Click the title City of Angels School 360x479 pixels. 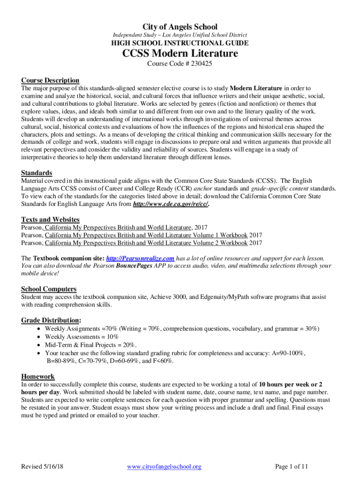(180, 27)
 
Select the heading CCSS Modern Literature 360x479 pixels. (180, 53)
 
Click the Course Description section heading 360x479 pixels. (50, 80)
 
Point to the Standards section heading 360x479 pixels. (36, 173)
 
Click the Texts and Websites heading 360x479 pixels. (50, 219)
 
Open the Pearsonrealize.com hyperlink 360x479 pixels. (140, 258)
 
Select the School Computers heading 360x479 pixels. (49, 289)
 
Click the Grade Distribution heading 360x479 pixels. (50, 320)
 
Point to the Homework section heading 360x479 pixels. (38, 376)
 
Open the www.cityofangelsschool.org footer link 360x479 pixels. (164, 466)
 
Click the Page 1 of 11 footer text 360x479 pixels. (291, 466)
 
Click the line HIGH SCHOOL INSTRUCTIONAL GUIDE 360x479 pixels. (180, 43)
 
